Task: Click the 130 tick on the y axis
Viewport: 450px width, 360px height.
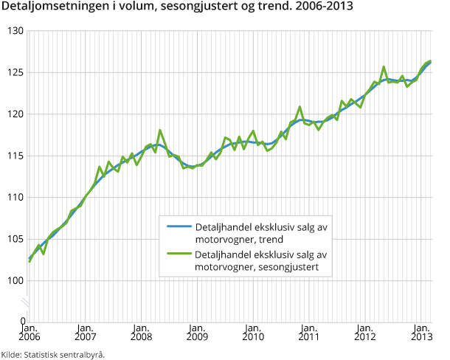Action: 15,31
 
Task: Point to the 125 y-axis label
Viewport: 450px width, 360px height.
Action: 15,72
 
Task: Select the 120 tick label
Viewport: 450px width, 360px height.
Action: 15,114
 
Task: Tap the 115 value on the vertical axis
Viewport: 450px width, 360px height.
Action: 15,156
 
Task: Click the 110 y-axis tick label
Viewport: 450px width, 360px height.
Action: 15,198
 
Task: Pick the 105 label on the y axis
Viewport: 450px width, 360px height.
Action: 15,239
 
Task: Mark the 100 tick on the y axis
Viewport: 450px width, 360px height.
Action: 15,281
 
